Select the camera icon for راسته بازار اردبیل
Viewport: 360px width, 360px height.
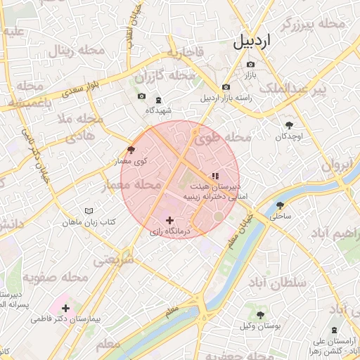[226, 87]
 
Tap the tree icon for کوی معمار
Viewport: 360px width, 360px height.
[131, 150]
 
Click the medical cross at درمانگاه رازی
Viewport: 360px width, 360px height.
[169, 220]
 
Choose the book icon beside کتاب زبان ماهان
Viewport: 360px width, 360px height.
[89, 211]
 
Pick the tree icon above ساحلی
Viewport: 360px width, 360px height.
[281, 205]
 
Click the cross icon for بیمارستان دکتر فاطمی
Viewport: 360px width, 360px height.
[65, 307]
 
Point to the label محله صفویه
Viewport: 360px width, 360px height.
[56, 277]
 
